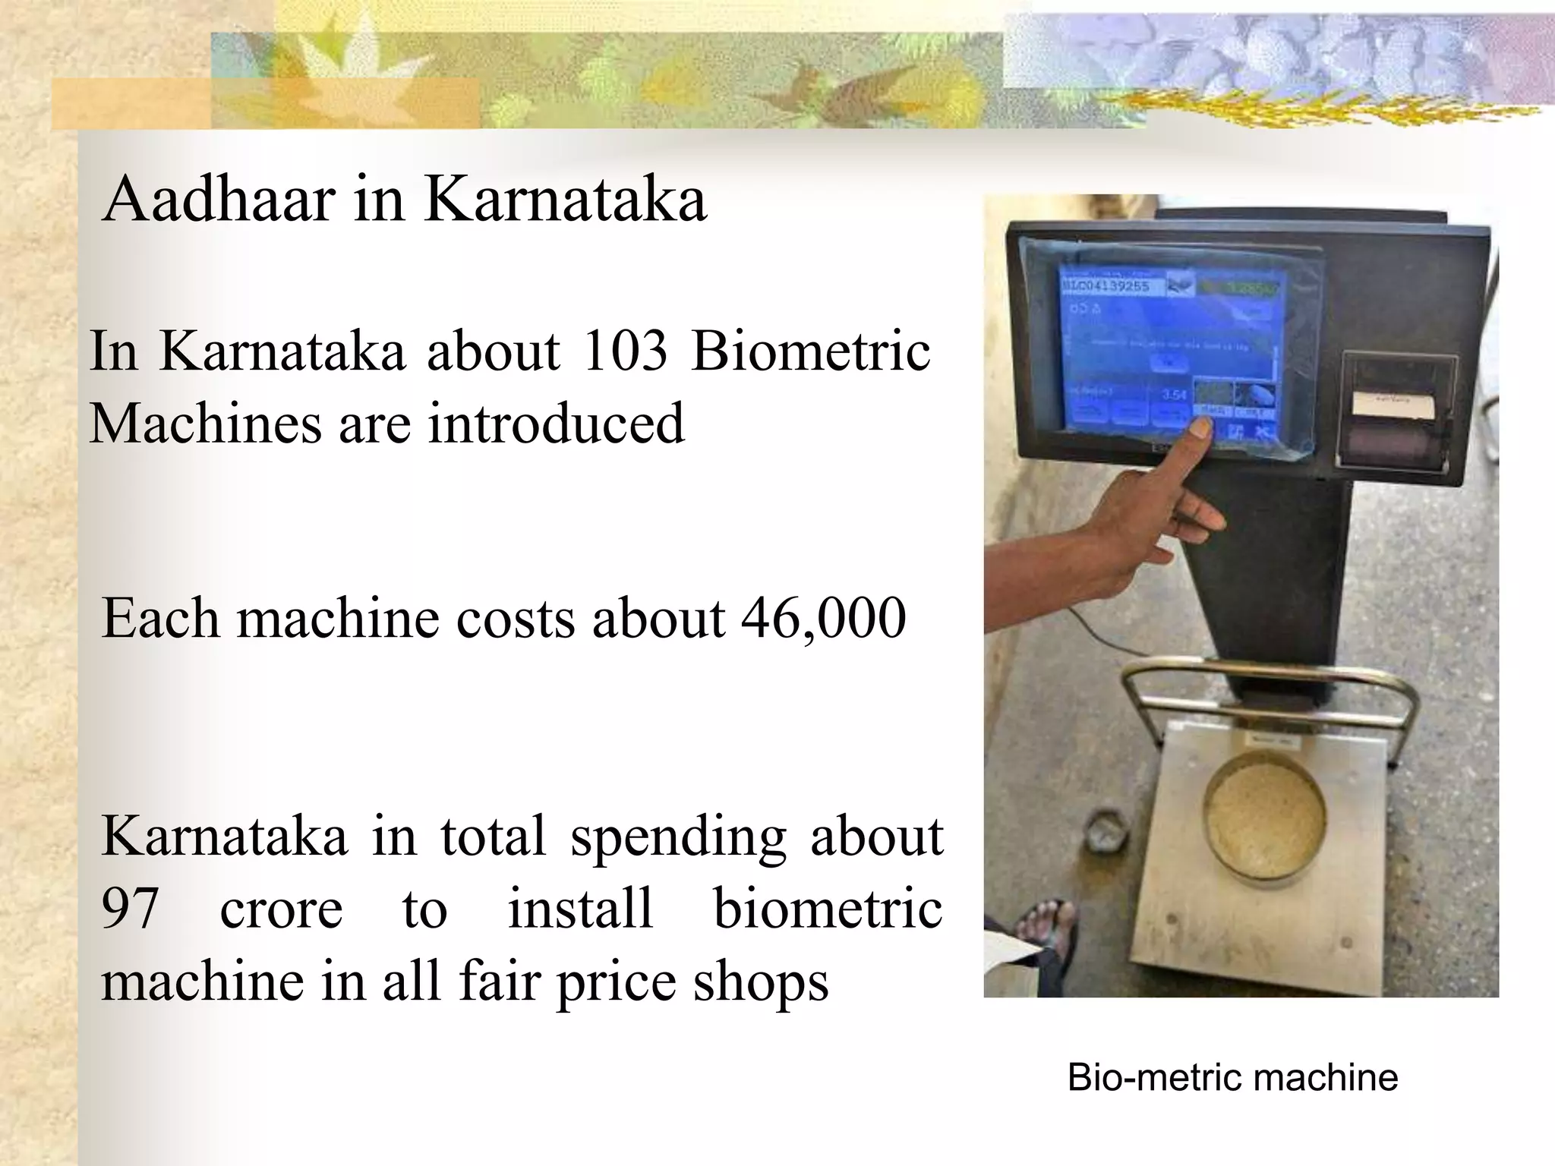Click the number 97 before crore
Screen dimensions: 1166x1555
click(x=130, y=908)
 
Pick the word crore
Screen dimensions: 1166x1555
click(x=281, y=908)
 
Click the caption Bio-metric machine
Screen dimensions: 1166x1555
click(x=1232, y=1077)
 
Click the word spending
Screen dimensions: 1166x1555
click(x=677, y=837)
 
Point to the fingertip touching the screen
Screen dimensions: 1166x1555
click(x=1200, y=429)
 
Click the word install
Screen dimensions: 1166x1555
click(x=580, y=908)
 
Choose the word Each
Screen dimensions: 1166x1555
click(x=159, y=618)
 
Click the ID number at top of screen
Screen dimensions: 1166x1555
click(x=1105, y=286)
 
